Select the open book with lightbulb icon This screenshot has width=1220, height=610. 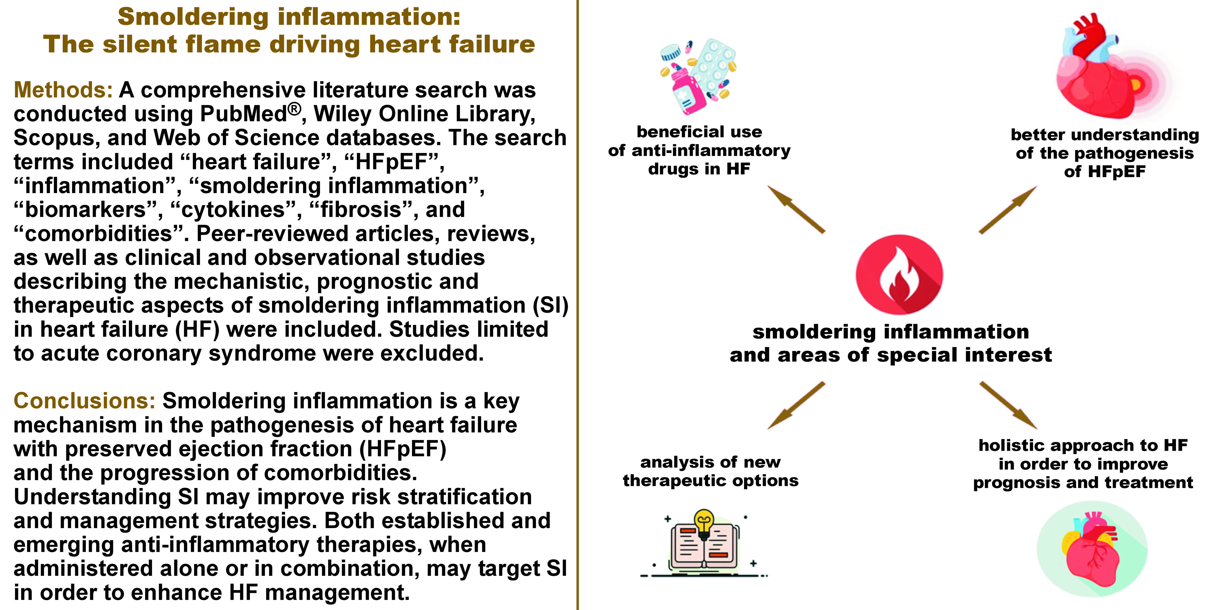pos(704,545)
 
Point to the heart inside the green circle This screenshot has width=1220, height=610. pos(1092,549)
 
